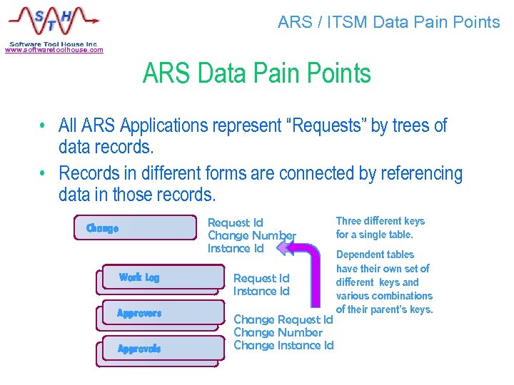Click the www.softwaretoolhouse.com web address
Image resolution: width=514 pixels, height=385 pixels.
[54, 50]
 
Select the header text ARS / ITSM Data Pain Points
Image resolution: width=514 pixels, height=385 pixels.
[388, 22]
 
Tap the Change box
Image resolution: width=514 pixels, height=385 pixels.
[135, 229]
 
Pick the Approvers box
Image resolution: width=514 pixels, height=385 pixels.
[158, 314]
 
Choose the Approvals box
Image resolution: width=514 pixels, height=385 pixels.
[158, 349]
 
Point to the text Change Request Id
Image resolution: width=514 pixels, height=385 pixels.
[283, 320]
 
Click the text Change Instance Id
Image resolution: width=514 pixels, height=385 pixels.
[283, 346]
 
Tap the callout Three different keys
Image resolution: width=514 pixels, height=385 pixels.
[380, 221]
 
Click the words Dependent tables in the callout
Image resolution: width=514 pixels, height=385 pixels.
[375, 255]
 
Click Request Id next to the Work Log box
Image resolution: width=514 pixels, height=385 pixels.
[261, 279]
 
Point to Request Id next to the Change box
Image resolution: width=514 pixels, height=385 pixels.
[235, 223]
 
